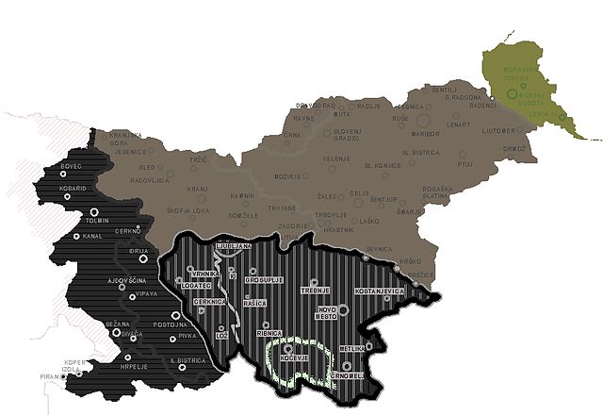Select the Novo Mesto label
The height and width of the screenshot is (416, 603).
pos(326,313)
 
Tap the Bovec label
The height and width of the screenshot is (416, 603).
pos(72,165)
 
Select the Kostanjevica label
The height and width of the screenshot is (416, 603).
pos(379,292)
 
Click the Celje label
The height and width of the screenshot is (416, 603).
pos(360,192)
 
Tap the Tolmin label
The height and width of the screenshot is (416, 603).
pos(98,221)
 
